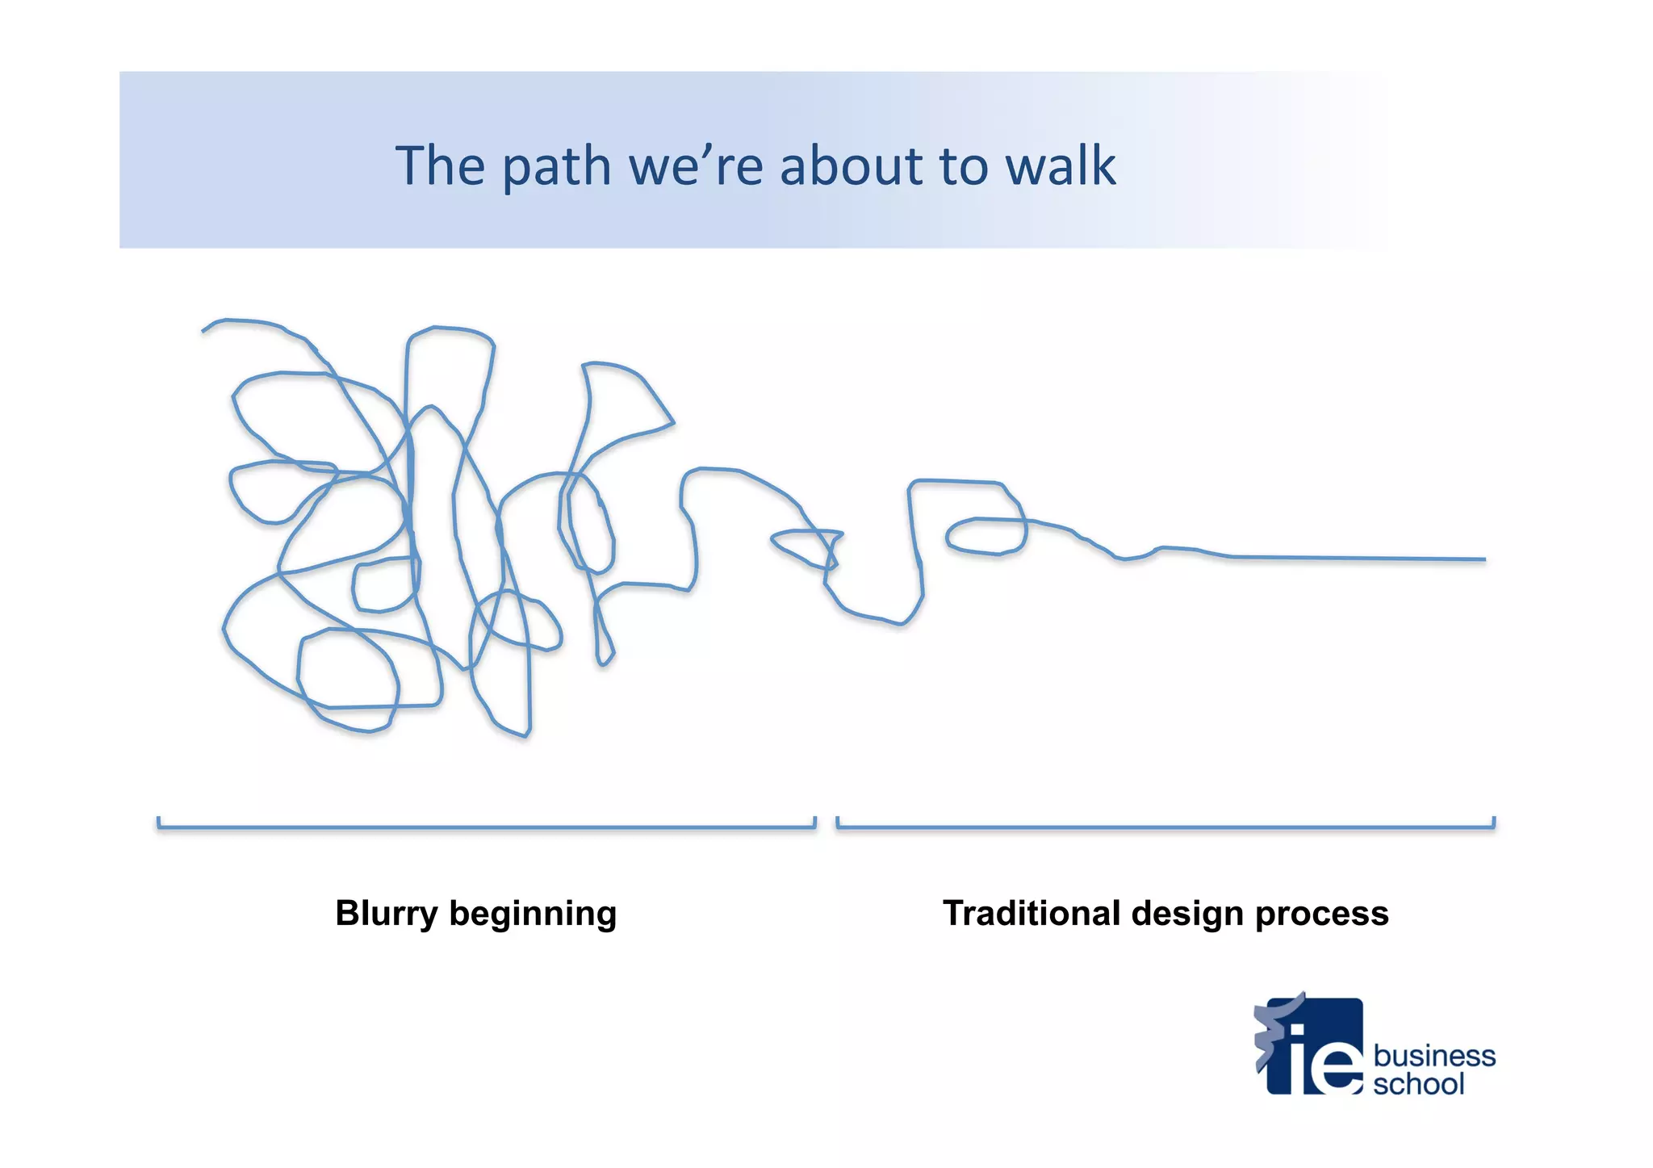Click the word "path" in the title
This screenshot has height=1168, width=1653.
[555, 167]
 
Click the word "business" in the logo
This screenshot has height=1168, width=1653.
[1433, 1056]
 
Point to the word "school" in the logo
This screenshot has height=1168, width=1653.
[1418, 1084]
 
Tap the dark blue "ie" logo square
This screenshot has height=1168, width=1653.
[1316, 1047]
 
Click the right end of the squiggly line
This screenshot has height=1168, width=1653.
[1484, 559]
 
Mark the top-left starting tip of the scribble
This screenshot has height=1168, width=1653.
[203, 330]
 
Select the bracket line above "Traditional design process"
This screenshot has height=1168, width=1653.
[1165, 827]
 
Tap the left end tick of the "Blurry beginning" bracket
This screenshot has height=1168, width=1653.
[159, 823]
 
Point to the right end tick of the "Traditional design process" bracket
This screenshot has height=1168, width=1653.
[1493, 823]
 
